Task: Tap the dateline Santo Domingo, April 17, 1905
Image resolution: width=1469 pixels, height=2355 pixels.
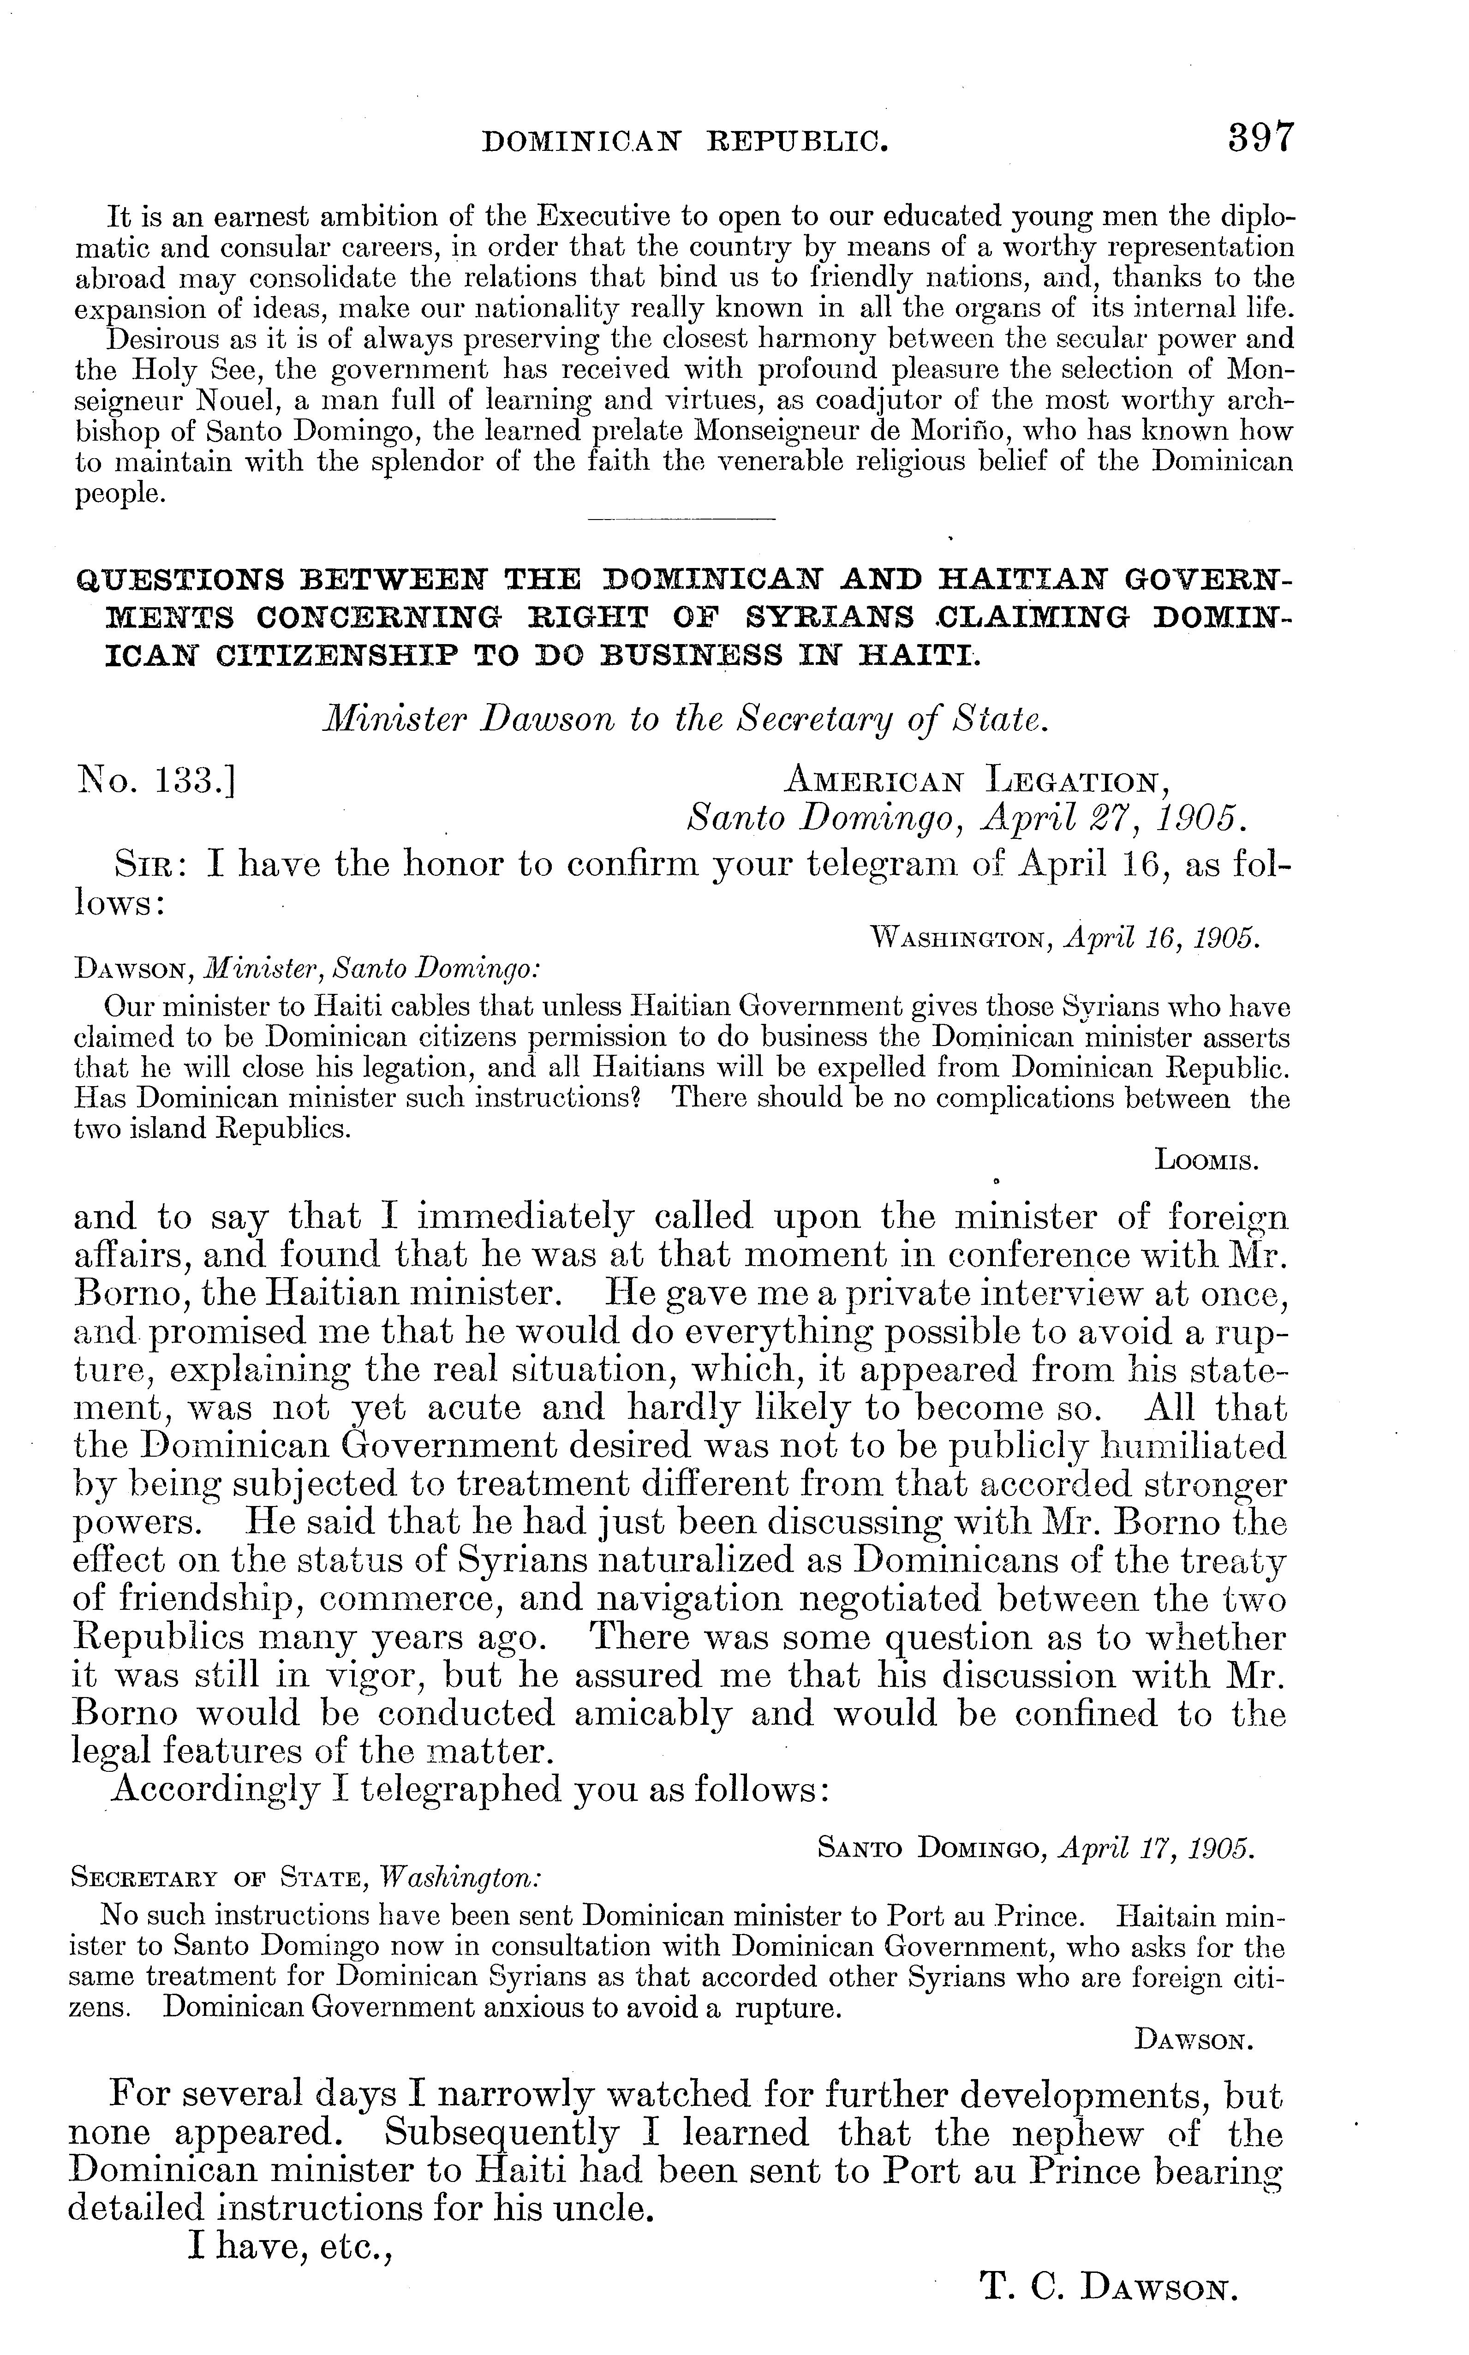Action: [1037, 1849]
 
